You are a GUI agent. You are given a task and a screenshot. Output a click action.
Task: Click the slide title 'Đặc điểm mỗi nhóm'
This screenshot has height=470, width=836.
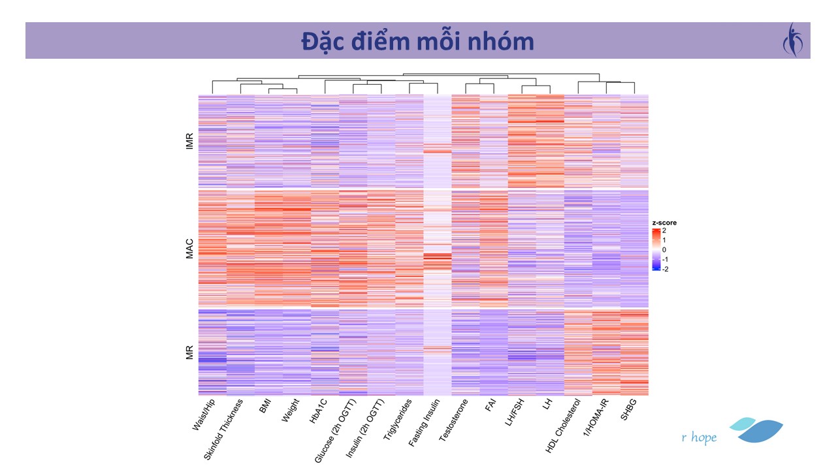pyautogui.click(x=417, y=41)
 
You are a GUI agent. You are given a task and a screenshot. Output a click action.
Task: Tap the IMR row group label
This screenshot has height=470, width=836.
pyautogui.click(x=190, y=142)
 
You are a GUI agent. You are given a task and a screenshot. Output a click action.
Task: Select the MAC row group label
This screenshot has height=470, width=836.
pyautogui.click(x=190, y=249)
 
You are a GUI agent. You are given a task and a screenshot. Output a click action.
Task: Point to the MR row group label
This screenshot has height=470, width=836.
pyautogui.click(x=190, y=352)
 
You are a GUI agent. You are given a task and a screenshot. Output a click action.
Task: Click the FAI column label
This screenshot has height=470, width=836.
pyautogui.click(x=489, y=405)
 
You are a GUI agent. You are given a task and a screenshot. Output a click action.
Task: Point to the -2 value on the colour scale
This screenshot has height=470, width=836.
pyautogui.click(x=665, y=269)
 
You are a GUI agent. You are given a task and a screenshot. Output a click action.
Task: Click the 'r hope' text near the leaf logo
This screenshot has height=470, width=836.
pyautogui.click(x=699, y=437)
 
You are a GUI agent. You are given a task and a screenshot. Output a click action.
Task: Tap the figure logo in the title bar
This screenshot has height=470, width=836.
pyautogui.click(x=793, y=40)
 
